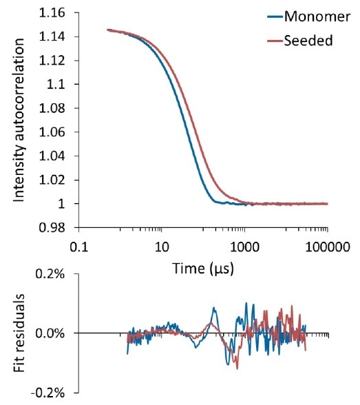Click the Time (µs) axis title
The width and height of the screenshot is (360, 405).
click(x=202, y=268)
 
